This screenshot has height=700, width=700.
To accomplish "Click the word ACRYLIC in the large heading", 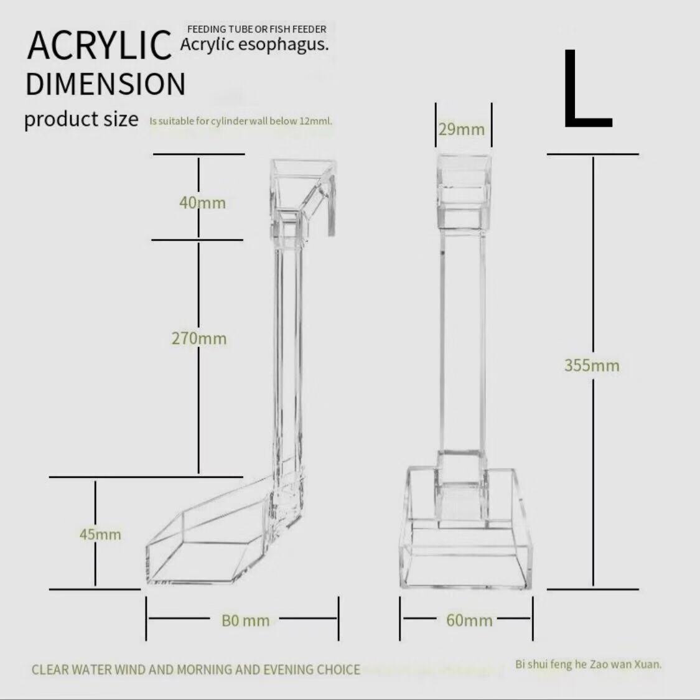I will (x=100, y=45).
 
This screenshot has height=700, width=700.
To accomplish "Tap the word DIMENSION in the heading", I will (x=106, y=84).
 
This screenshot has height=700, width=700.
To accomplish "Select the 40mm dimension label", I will (x=202, y=203).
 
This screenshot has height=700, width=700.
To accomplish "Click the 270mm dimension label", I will (x=199, y=338).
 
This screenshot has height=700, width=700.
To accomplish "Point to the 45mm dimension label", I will (x=100, y=534).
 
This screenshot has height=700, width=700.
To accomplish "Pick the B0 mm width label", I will (x=246, y=620).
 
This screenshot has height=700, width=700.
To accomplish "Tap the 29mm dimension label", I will (x=461, y=129).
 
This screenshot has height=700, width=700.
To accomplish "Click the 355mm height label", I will (x=592, y=365).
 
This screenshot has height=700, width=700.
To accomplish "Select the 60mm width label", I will (x=469, y=620).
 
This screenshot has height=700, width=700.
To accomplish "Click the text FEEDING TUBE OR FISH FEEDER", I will (x=256, y=29).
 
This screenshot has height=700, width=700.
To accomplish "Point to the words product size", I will (x=82, y=118).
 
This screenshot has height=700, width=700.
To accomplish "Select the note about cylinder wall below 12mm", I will (x=241, y=121).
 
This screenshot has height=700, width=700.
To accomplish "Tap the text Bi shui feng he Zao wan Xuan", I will (x=588, y=665).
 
